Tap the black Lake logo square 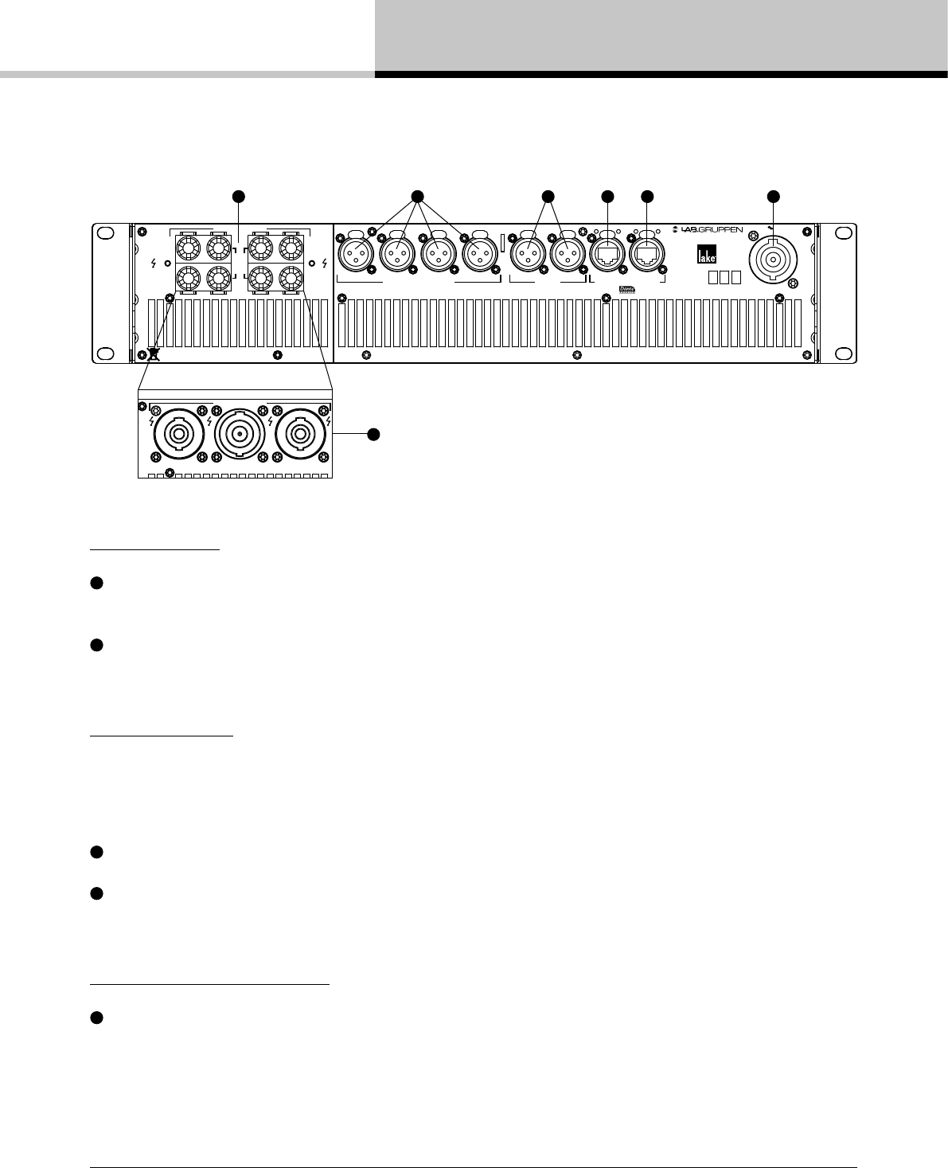point(708,253)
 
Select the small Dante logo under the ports point(627,291)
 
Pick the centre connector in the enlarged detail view point(236,434)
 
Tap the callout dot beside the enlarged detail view point(373,434)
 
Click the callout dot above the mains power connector point(772,195)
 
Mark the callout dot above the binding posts point(236,195)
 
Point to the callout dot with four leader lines point(415,195)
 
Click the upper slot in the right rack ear point(841,232)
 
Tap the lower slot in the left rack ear point(103,352)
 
